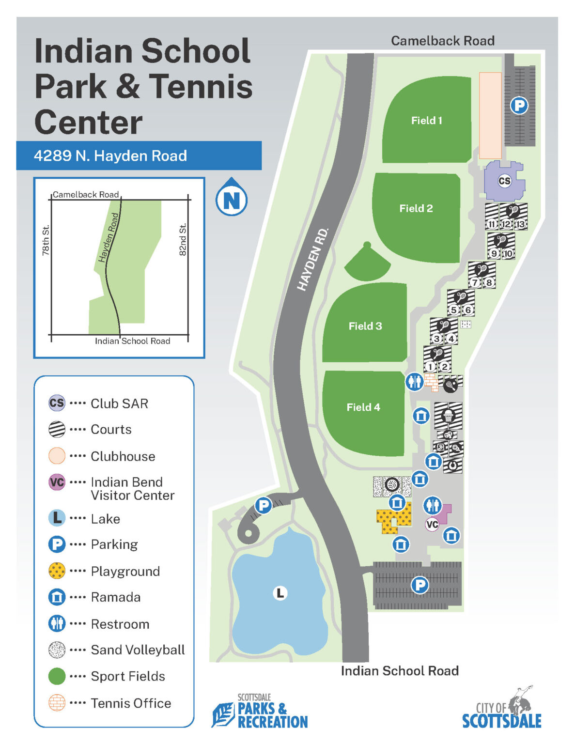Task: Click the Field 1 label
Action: (x=426, y=121)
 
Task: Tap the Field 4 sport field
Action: (x=363, y=412)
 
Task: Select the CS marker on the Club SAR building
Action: (x=504, y=181)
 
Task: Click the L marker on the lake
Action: (x=280, y=593)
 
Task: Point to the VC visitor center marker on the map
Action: (x=432, y=524)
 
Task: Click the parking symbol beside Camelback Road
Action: (x=519, y=105)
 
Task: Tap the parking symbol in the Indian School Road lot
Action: (x=420, y=585)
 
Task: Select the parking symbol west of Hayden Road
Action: (x=263, y=506)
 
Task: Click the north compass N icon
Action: (x=232, y=199)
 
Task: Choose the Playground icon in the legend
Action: (x=57, y=571)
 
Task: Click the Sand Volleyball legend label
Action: (x=138, y=650)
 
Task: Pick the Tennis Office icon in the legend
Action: (x=57, y=703)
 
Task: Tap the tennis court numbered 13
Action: (x=520, y=224)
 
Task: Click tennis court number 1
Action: (x=430, y=367)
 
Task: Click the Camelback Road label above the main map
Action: (x=442, y=41)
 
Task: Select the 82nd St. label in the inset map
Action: (x=183, y=239)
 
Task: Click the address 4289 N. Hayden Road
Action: (x=110, y=156)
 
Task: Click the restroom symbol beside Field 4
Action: (x=414, y=382)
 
